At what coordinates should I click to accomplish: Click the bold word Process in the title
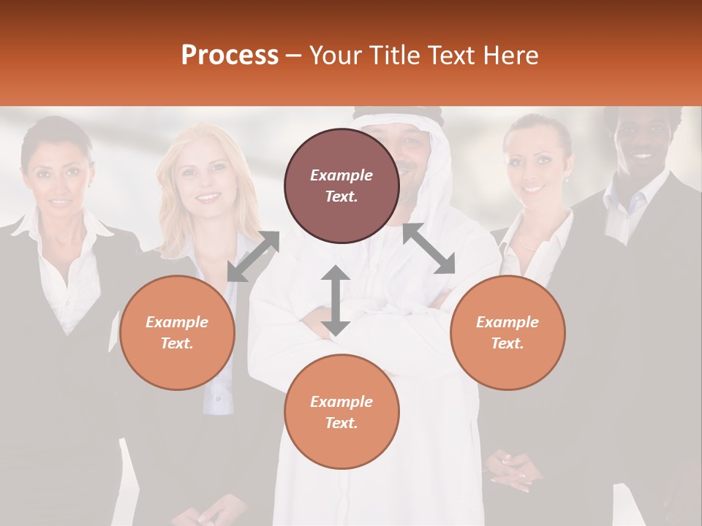tap(230, 55)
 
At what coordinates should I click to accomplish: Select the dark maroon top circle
tap(341, 186)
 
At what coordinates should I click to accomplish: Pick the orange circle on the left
tap(177, 332)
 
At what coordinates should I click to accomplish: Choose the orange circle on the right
tap(507, 332)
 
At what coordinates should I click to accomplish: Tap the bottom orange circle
tap(341, 412)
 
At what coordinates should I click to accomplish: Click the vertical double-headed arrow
tap(336, 301)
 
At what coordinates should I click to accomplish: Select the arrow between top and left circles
tap(253, 256)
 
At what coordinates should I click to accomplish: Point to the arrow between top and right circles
tap(429, 248)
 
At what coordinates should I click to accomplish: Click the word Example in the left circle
tap(177, 322)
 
